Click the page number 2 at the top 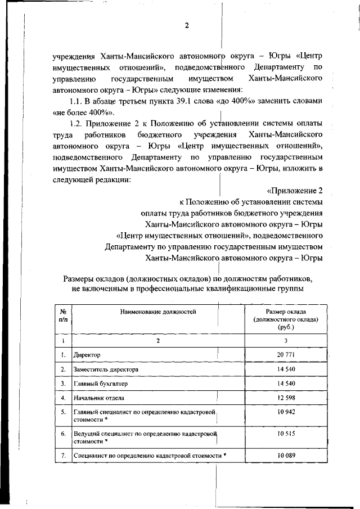186,26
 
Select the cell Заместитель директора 106,369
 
